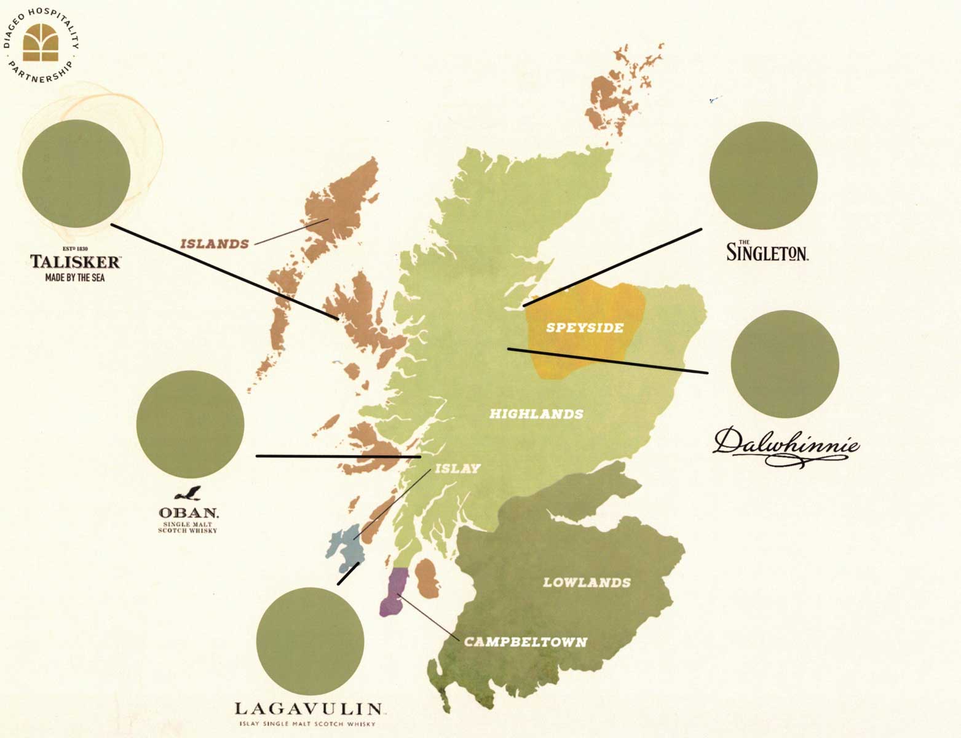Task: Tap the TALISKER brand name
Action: [x=75, y=262]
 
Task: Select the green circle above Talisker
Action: [x=76, y=173]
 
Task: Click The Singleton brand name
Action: [x=767, y=252]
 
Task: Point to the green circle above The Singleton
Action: [x=763, y=175]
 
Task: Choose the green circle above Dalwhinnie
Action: [x=785, y=364]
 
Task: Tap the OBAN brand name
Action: [x=188, y=512]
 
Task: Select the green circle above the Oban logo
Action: [x=190, y=424]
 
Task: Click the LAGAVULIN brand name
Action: [x=309, y=709]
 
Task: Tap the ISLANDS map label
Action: [x=215, y=244]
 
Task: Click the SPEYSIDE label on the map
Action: [x=585, y=328]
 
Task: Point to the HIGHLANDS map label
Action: [x=536, y=415]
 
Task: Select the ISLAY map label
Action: [x=457, y=469]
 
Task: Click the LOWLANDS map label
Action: [x=587, y=582]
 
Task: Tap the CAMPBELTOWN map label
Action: [x=525, y=643]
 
